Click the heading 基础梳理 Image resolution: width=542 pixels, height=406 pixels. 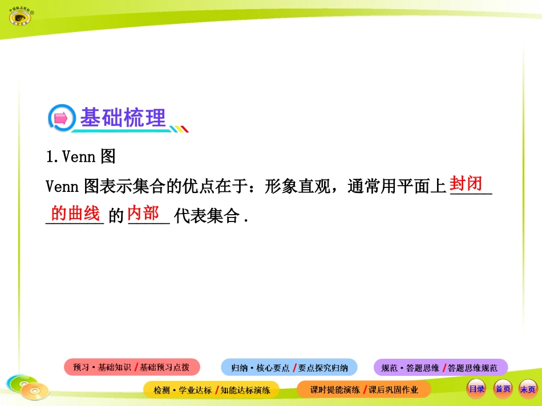(123, 118)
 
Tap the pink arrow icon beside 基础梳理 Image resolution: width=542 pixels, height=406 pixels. (61, 118)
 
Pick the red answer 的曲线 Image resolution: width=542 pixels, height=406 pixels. (75, 214)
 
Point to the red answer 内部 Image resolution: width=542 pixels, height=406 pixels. (143, 213)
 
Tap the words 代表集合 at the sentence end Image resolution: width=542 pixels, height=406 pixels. (206, 216)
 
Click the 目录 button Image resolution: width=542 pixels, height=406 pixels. (476, 389)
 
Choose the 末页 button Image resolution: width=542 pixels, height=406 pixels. (528, 389)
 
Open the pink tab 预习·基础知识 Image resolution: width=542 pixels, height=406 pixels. (102, 368)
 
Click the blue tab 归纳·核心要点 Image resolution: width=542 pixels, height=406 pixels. (260, 368)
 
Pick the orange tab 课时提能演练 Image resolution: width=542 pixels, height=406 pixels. (335, 390)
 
